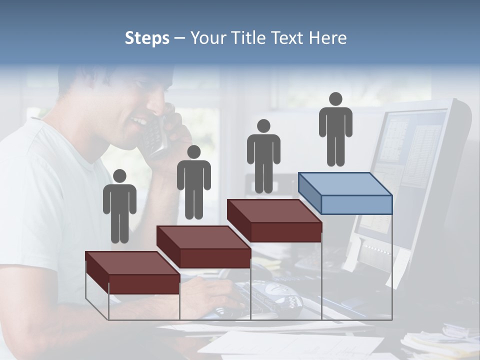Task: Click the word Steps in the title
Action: pos(147,38)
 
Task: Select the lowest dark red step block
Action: pos(133,272)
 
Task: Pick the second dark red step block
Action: pos(204,246)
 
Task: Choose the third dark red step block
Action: pos(274,220)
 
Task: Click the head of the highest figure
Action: pos(335,99)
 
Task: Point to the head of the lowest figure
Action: pos(119,176)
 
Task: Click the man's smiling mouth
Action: pos(138,121)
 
